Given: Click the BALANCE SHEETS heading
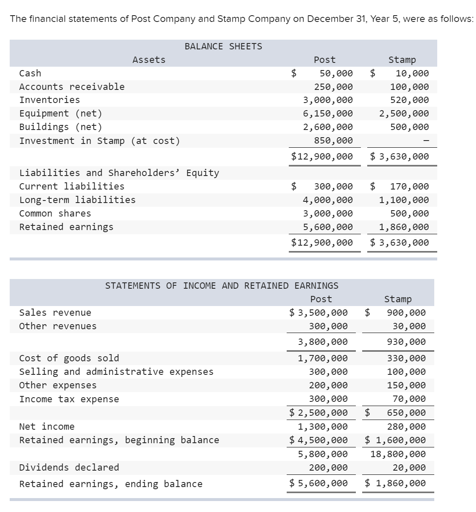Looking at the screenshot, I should pyautogui.click(x=223, y=46).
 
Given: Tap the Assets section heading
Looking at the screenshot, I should pyautogui.click(x=149, y=60).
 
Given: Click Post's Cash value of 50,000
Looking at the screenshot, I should pyautogui.click(x=336, y=73).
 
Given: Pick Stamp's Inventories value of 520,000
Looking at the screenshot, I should pyautogui.click(x=409, y=100).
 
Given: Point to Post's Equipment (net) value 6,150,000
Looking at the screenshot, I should pyautogui.click(x=328, y=114).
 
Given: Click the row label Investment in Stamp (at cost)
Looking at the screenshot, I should pyautogui.click(x=100, y=141).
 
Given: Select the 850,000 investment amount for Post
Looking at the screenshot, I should pyautogui.click(x=333, y=141).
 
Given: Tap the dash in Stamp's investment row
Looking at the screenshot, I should pyautogui.click(x=426, y=141).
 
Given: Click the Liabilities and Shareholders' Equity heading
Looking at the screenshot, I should pyautogui.click(x=119, y=173).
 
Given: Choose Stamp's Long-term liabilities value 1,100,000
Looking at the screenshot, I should pyautogui.click(x=403, y=200).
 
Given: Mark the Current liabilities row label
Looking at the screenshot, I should pyautogui.click(x=72, y=186).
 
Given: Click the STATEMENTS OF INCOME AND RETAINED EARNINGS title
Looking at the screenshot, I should pyautogui.click(x=221, y=286).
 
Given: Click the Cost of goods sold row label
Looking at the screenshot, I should pyautogui.click(x=69, y=358).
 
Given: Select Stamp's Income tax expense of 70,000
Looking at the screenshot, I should pyautogui.click(x=411, y=399).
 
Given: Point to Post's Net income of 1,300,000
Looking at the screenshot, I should pyautogui.click(x=323, y=427).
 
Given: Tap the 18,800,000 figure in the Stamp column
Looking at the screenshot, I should pyautogui.click(x=398, y=454).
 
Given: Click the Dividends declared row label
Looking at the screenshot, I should pyautogui.click(x=69, y=467).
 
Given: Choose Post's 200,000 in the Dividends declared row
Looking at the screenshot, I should pyautogui.click(x=328, y=468).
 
